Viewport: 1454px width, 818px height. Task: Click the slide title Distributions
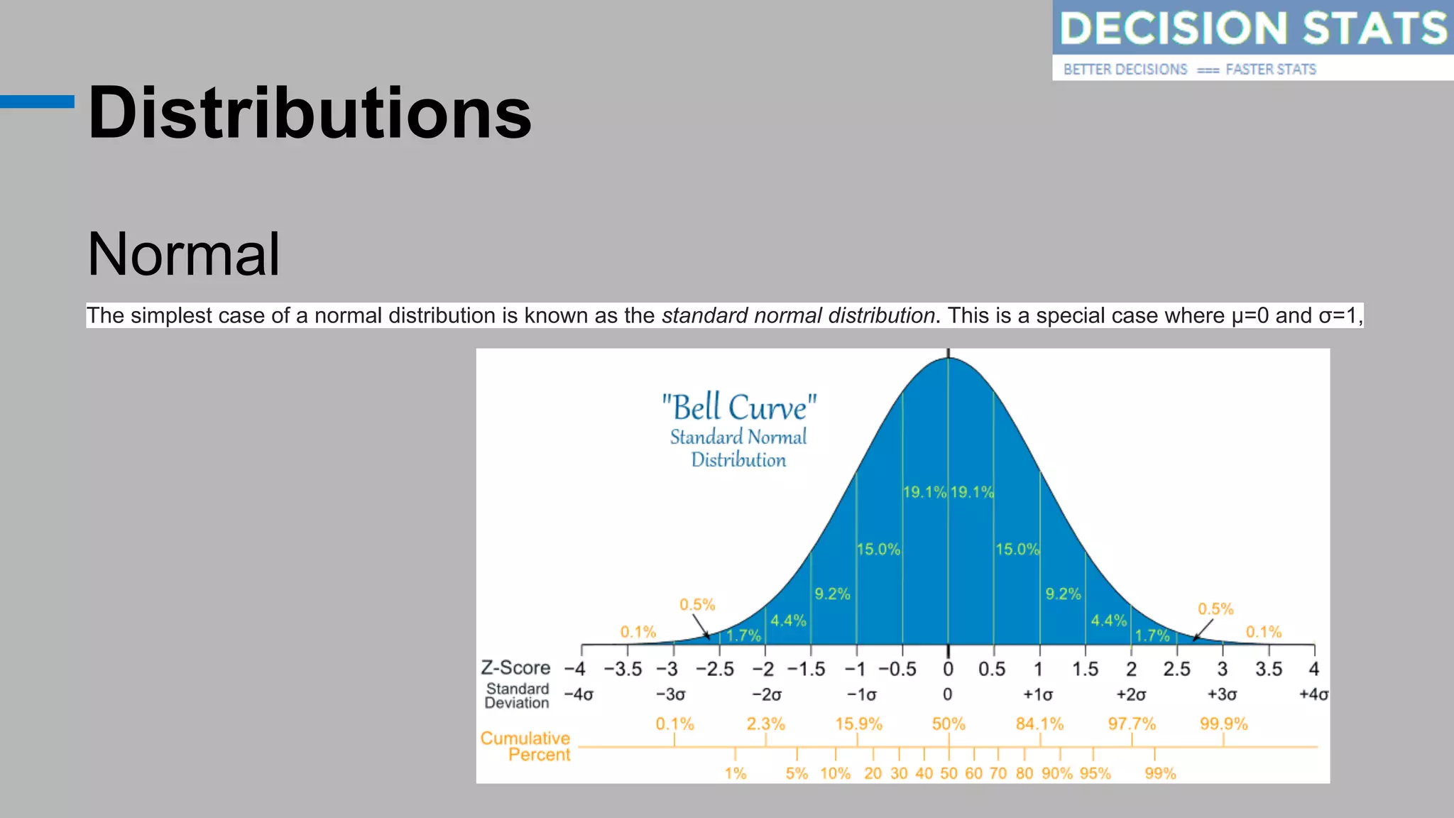click(x=310, y=114)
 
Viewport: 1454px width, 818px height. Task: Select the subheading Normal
click(x=183, y=254)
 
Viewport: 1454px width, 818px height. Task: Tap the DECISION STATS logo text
click(x=1252, y=28)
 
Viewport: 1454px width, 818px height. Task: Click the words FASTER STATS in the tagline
click(x=1271, y=70)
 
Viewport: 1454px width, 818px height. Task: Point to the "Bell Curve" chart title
click(x=738, y=408)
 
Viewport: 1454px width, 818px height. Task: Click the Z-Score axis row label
click(x=515, y=667)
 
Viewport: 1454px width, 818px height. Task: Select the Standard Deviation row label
click(x=517, y=696)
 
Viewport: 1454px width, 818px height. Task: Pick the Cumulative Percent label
click(x=526, y=746)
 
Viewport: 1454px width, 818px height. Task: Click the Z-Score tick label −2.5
click(x=714, y=669)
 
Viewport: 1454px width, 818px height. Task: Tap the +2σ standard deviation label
click(x=1131, y=694)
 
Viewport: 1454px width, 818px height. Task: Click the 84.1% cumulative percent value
click(x=1039, y=724)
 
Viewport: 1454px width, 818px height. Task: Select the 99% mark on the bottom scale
click(x=1160, y=773)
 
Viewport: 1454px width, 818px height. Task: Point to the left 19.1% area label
click(x=924, y=492)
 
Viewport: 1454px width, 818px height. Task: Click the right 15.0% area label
click(x=1017, y=549)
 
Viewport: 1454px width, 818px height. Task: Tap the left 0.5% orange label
click(x=697, y=605)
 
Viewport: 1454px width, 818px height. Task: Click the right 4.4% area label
click(x=1108, y=621)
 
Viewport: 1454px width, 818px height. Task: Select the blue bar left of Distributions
click(x=37, y=102)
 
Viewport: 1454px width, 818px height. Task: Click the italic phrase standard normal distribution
click(x=798, y=315)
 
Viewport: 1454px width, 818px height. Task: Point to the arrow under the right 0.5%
click(x=1202, y=630)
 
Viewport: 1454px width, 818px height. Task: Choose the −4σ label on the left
click(x=578, y=694)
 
